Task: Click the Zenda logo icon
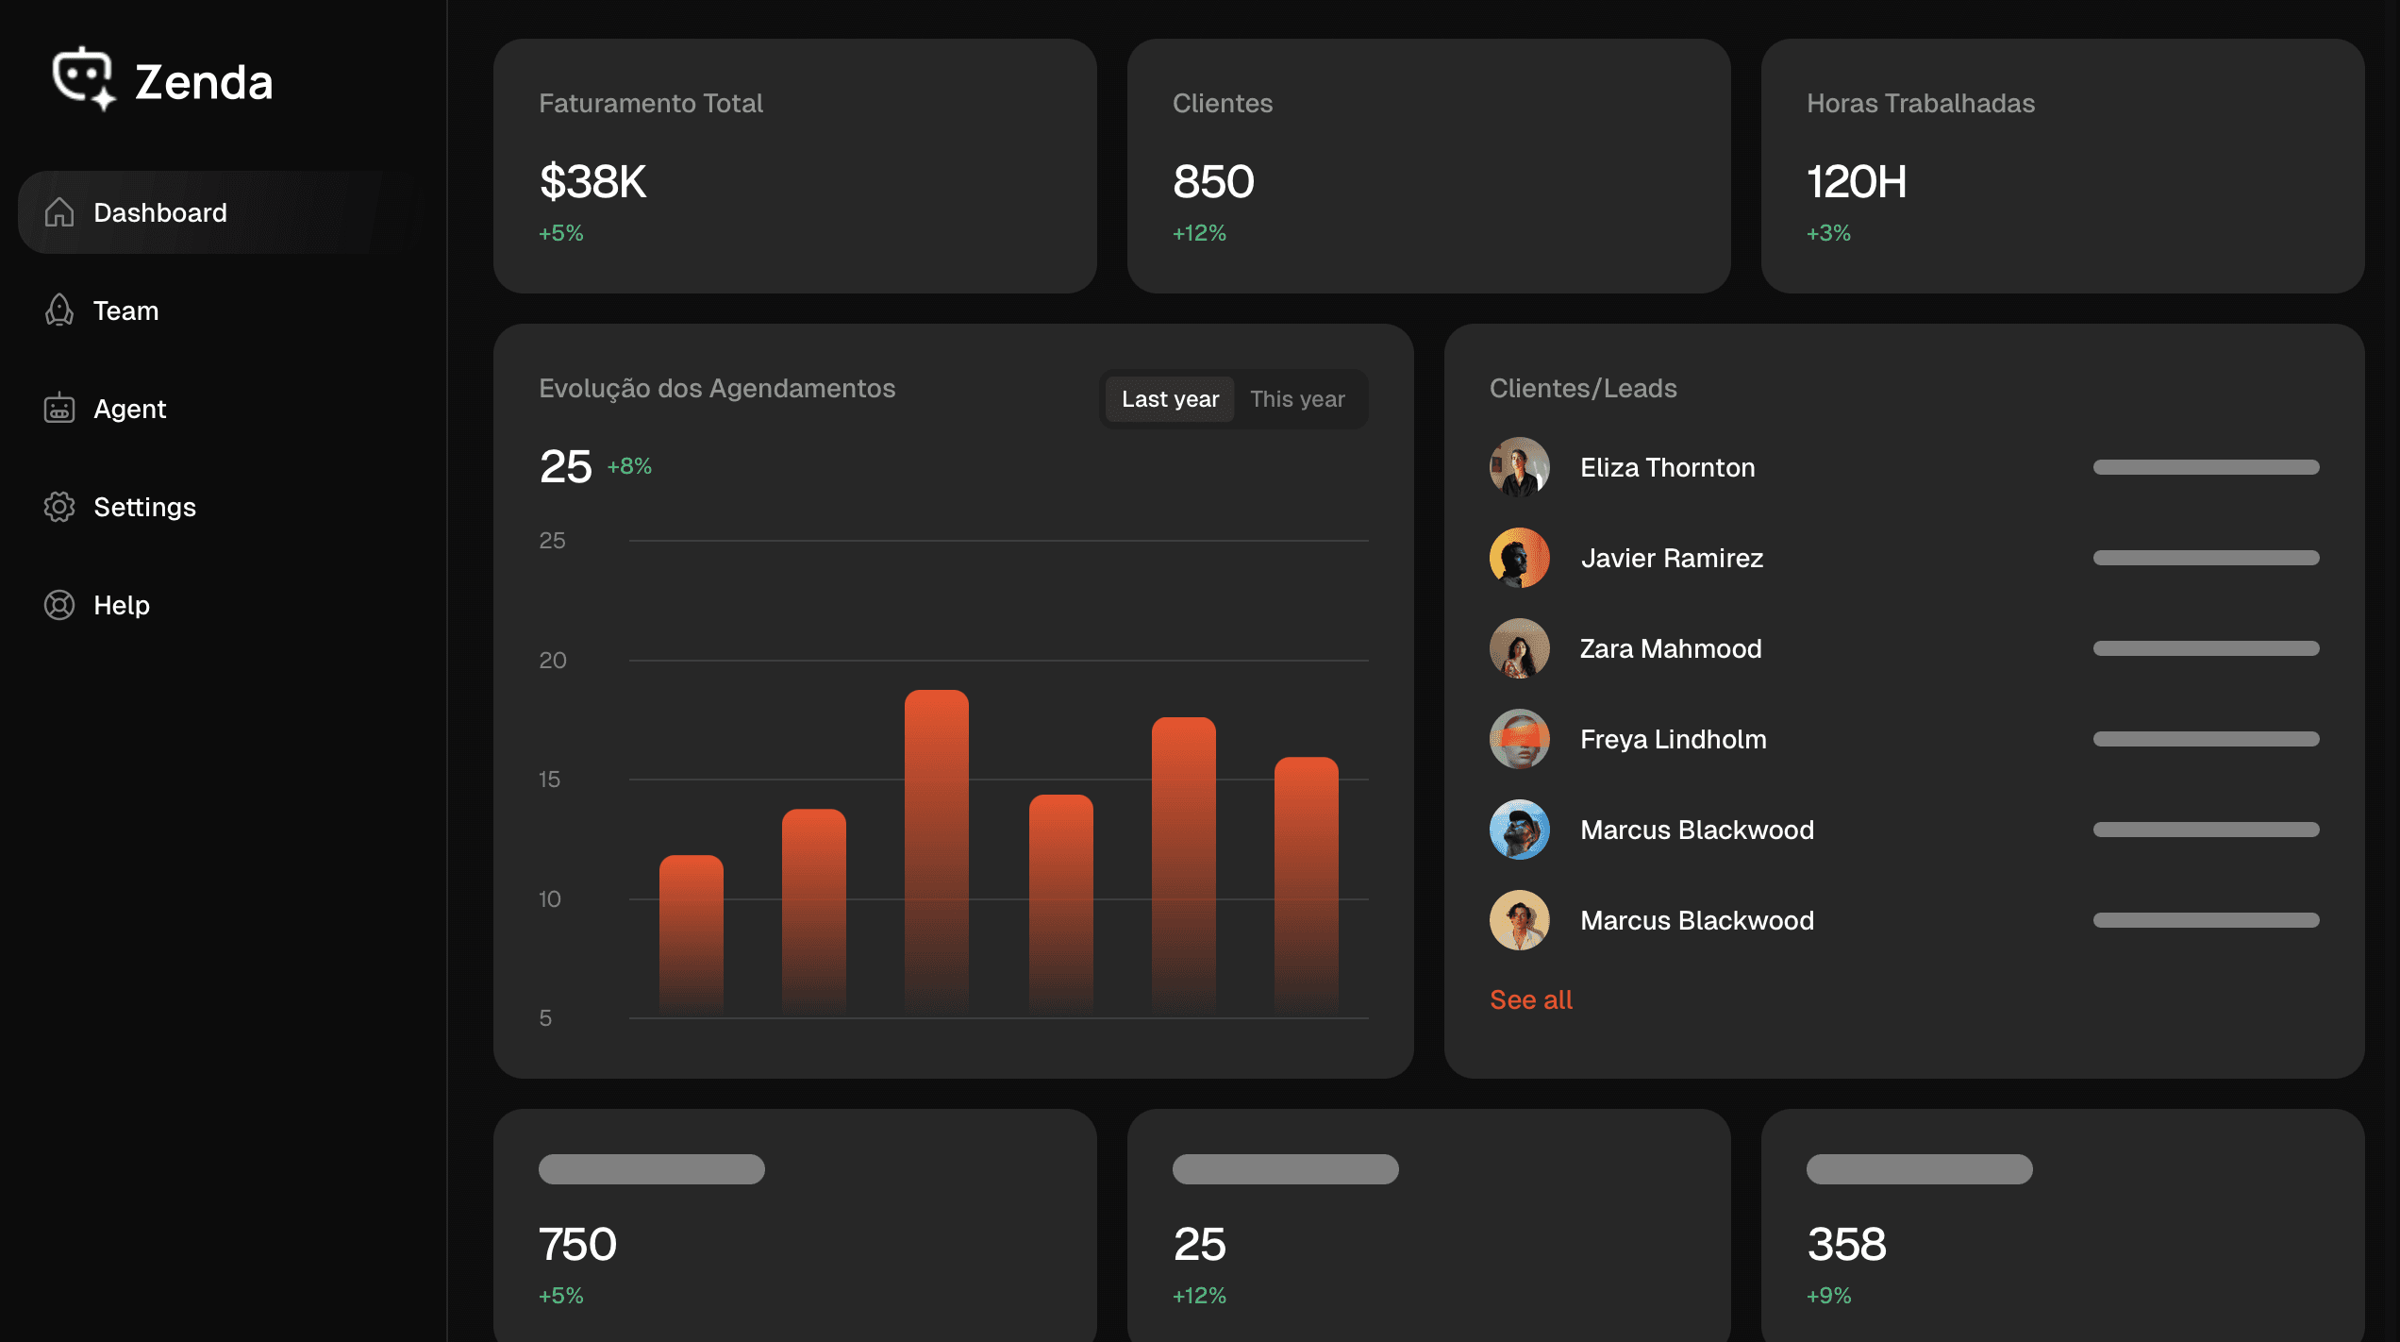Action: coord(84,78)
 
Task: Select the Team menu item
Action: coord(125,310)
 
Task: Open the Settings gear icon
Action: coord(59,507)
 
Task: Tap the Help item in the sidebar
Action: coord(122,605)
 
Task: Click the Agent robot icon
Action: coord(59,408)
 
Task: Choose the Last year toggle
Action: coord(1170,399)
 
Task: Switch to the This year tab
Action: coord(1297,399)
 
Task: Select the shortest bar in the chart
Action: coord(692,935)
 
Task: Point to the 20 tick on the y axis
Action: coord(553,661)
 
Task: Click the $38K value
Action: coord(592,181)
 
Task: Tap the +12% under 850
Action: coord(1199,233)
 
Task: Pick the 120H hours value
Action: coord(1857,181)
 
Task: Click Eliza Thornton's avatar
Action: coord(1520,467)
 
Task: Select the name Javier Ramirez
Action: coord(1672,558)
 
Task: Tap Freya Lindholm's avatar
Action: coord(1520,739)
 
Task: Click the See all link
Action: coord(1531,999)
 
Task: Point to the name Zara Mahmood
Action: coord(1671,648)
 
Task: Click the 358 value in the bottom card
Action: coord(1846,1244)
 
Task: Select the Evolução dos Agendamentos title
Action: coord(717,389)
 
